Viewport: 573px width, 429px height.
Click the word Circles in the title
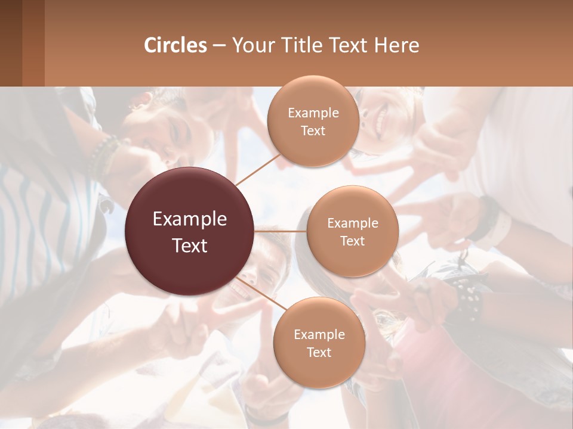coord(175,45)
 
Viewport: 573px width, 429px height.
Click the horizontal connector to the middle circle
coord(281,231)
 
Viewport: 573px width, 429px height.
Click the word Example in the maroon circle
coord(190,219)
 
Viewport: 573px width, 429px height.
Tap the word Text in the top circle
coord(313,131)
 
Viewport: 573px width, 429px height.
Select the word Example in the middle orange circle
coord(353,223)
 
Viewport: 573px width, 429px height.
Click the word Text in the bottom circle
coord(319,353)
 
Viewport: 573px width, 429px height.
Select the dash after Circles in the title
coord(219,45)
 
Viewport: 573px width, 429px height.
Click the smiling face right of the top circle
coord(382,119)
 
